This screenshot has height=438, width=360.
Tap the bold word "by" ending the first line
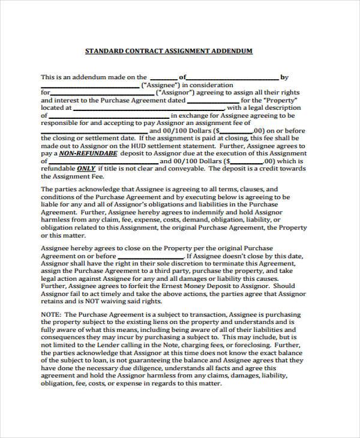click(284, 77)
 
